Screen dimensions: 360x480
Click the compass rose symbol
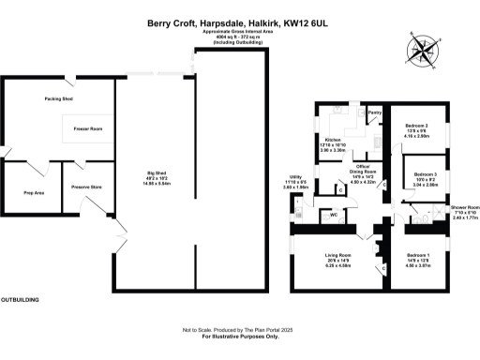point(423,49)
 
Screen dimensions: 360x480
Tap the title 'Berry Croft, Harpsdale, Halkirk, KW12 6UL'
point(239,22)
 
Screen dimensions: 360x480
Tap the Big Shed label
point(157,172)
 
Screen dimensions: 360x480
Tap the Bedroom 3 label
point(426,173)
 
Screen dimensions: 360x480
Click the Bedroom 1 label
point(419,255)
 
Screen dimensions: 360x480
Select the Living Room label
point(337,255)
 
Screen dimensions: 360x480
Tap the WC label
point(334,215)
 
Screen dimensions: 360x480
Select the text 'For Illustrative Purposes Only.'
point(239,337)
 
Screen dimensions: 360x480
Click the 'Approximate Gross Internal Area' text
point(239,32)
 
